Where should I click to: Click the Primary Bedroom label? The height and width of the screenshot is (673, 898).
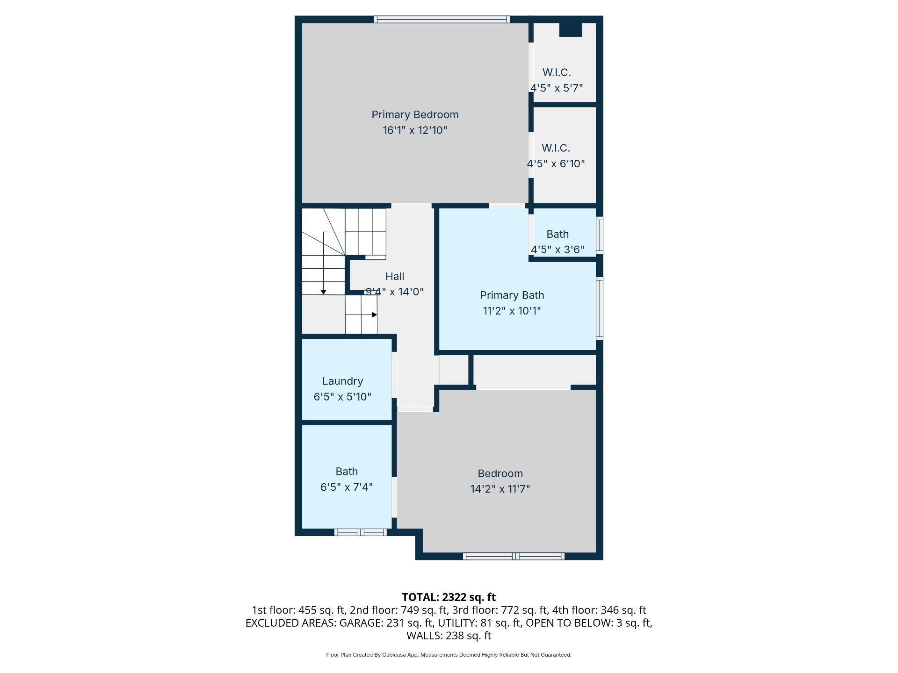point(415,115)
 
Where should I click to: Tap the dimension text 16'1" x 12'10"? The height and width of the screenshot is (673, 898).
point(415,130)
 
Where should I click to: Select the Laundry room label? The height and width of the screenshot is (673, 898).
point(342,381)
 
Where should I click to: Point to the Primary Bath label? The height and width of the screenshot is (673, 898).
point(512,295)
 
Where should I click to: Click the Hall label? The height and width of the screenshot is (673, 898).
point(395,276)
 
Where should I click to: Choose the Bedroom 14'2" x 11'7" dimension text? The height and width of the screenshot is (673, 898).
point(500,489)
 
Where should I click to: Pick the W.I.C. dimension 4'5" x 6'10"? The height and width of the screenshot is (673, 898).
point(556,164)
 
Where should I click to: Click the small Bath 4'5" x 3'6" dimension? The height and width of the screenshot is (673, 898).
point(558,250)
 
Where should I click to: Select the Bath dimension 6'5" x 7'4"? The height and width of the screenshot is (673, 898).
point(347,487)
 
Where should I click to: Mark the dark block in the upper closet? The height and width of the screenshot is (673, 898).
point(571,29)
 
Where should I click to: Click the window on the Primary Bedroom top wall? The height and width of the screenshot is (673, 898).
point(442,19)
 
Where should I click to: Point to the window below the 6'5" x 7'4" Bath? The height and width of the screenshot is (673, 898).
point(361,532)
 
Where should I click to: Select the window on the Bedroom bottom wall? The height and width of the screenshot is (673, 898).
point(514,556)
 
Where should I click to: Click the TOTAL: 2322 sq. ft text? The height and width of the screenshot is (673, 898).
point(449,597)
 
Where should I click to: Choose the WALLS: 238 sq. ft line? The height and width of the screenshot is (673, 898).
point(449,636)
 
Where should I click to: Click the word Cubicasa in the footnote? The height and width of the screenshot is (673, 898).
point(394,655)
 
